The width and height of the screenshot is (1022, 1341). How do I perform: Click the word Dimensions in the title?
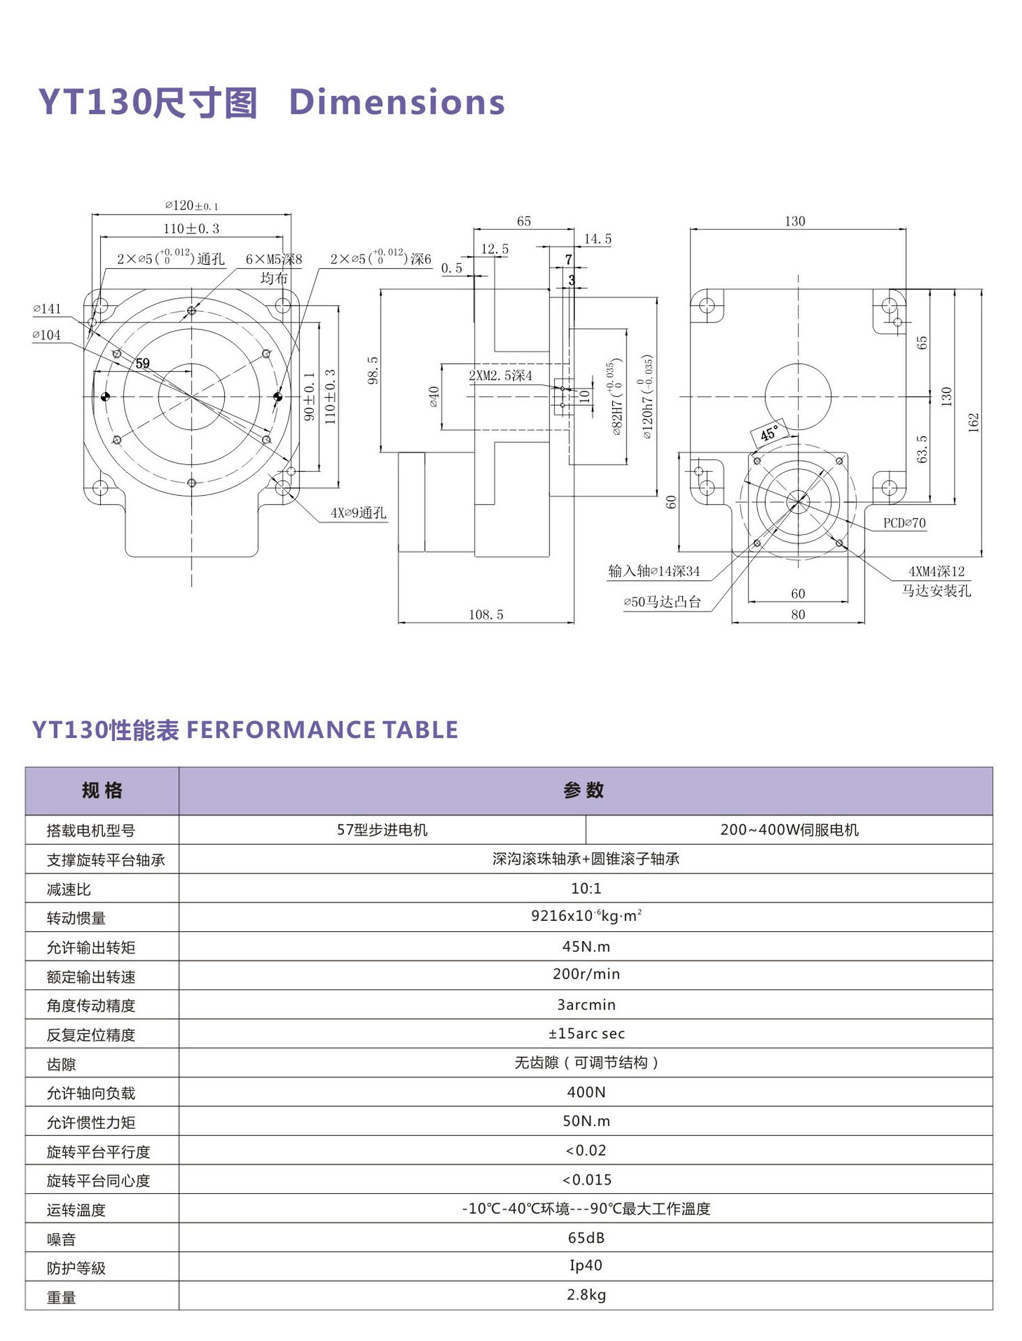397,101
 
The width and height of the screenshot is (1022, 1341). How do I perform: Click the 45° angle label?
769,434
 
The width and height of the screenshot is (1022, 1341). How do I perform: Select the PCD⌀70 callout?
904,523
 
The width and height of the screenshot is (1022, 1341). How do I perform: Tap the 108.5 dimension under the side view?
486,615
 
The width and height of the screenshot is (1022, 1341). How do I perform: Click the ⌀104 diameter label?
47,335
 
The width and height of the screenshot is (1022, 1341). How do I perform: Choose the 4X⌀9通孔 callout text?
358,513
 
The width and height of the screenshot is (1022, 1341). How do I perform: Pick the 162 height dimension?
974,422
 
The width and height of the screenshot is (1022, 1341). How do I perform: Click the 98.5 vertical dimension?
373,370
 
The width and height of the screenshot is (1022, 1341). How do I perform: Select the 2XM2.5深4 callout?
500,376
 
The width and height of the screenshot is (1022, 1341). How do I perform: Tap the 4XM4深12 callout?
936,571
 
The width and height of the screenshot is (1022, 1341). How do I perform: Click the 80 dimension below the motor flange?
798,615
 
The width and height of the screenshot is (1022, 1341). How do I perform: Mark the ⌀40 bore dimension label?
434,397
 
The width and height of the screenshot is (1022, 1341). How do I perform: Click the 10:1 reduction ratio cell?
585,889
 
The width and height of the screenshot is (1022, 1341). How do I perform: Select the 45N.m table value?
585,946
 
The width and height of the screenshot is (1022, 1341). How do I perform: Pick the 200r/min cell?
585,974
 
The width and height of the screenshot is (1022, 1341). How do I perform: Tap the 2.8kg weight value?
585,1294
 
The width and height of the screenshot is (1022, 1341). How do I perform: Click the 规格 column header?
102,791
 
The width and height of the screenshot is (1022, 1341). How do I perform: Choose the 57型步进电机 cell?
382,830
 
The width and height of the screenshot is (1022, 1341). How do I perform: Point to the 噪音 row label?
61,1240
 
